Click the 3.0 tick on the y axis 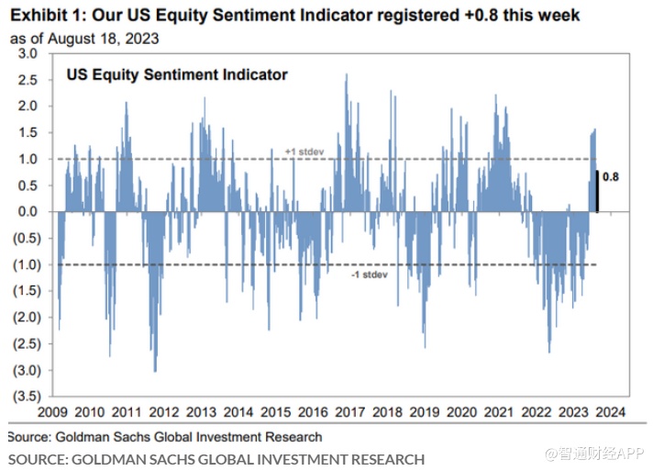point(28,53)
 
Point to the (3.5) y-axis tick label point(26,398)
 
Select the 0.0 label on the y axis point(28,212)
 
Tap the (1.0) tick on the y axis point(26,265)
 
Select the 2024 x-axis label point(610,413)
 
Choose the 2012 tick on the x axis point(163,413)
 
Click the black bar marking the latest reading point(596,192)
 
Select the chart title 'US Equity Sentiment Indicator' point(177,74)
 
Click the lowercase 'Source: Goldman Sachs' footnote point(165,437)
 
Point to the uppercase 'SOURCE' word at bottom point(38,458)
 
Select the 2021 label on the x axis point(498,413)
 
